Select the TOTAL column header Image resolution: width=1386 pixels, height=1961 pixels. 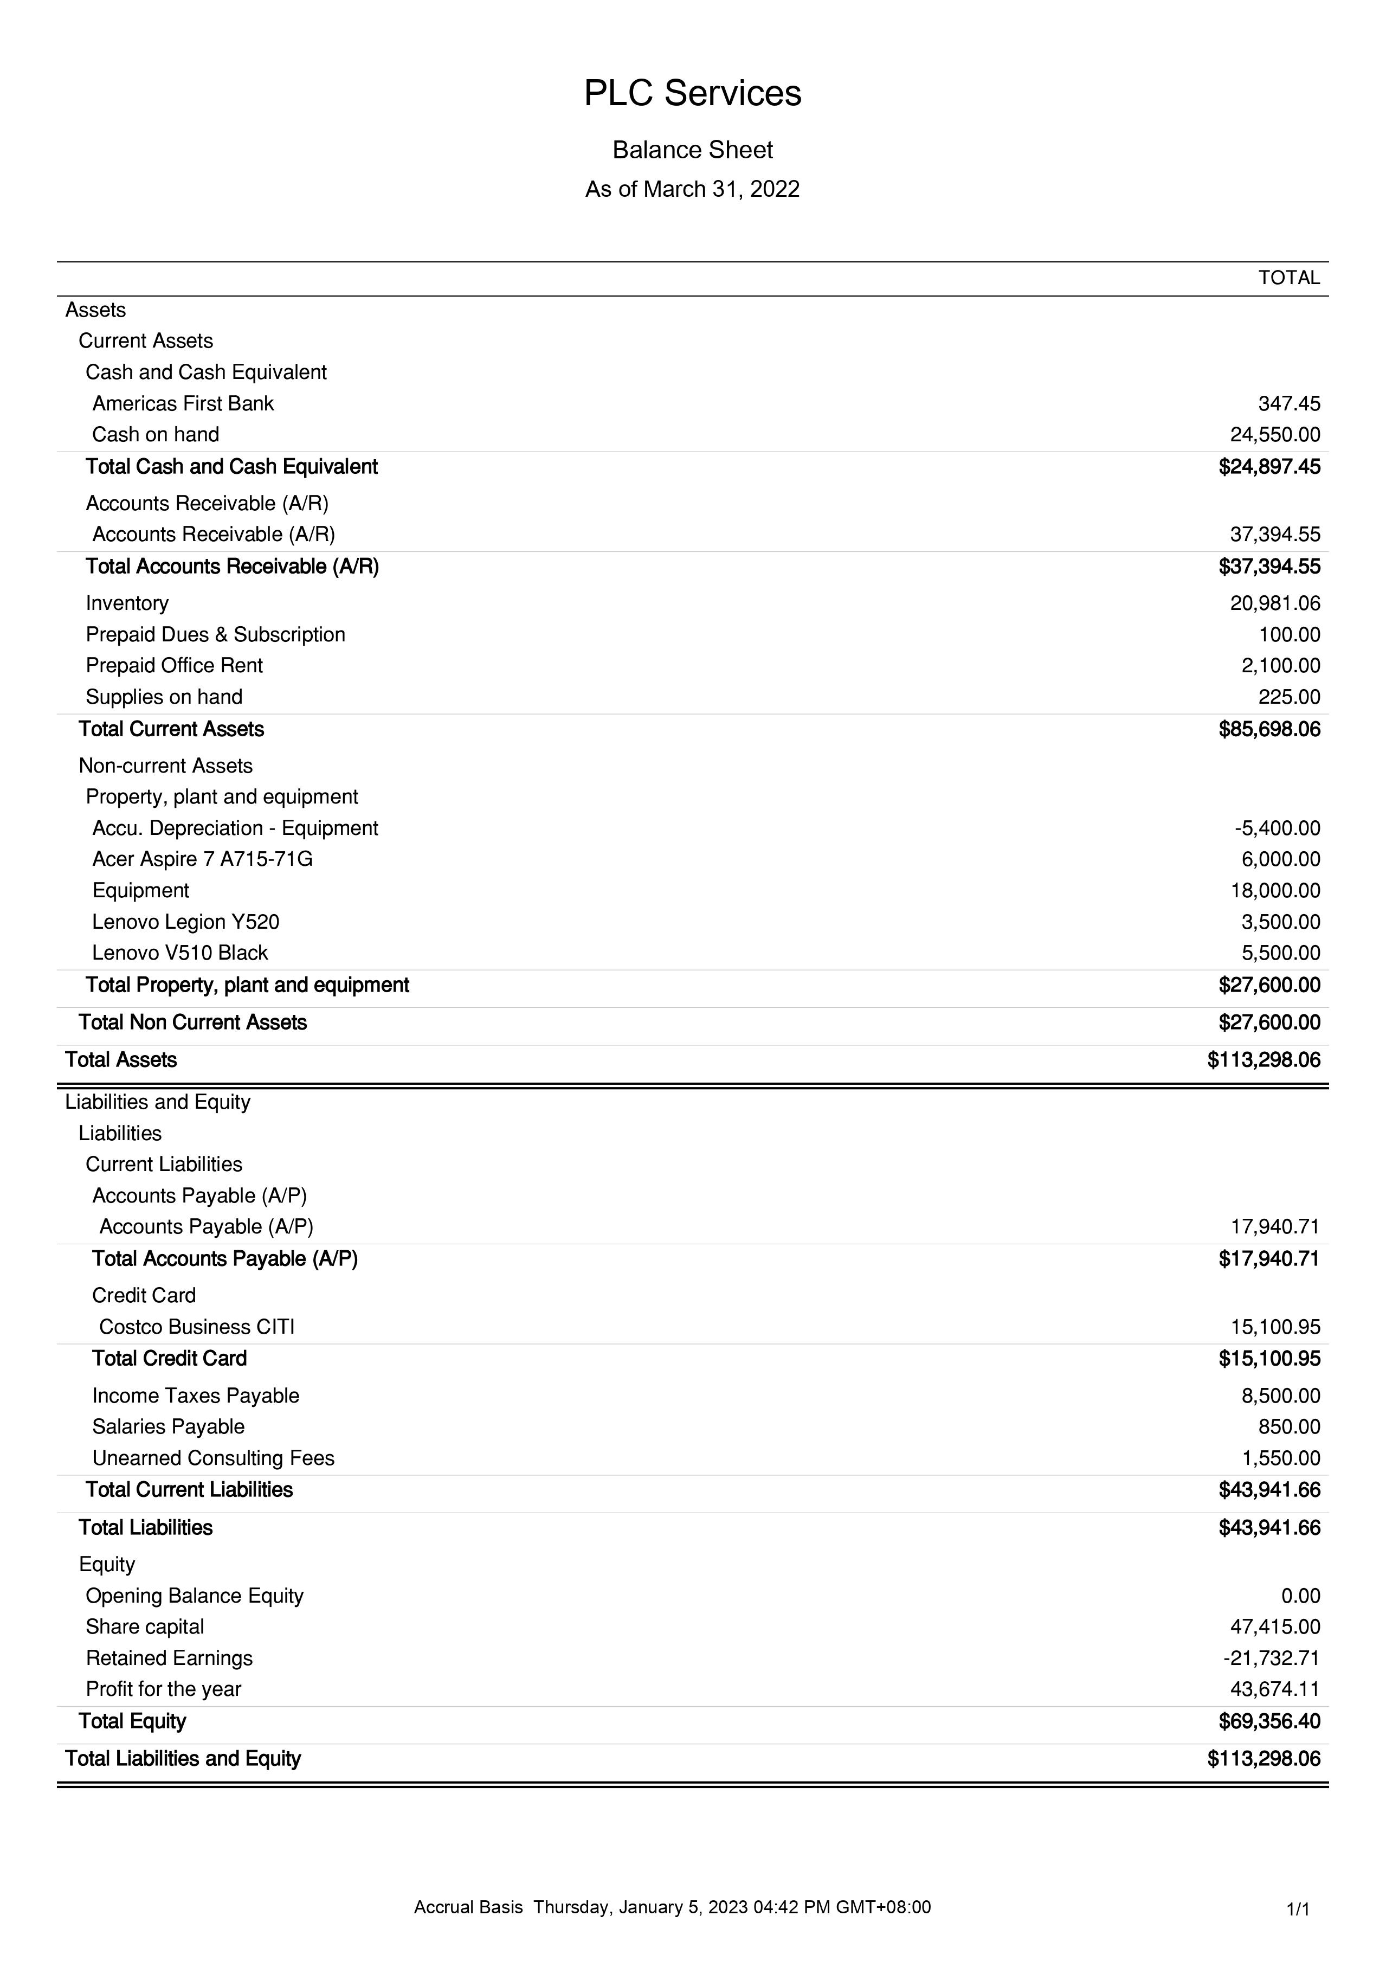point(1288,278)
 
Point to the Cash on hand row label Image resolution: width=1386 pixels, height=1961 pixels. point(156,435)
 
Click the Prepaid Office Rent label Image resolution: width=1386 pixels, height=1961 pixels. point(174,665)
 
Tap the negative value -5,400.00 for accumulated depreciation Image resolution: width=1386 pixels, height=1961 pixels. point(1277,828)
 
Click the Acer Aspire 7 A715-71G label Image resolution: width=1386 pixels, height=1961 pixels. point(202,859)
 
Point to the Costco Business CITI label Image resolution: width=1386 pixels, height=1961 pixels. point(196,1327)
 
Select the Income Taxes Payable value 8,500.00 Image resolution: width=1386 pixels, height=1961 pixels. point(1280,1396)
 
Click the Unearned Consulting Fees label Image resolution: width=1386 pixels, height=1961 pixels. point(214,1458)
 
